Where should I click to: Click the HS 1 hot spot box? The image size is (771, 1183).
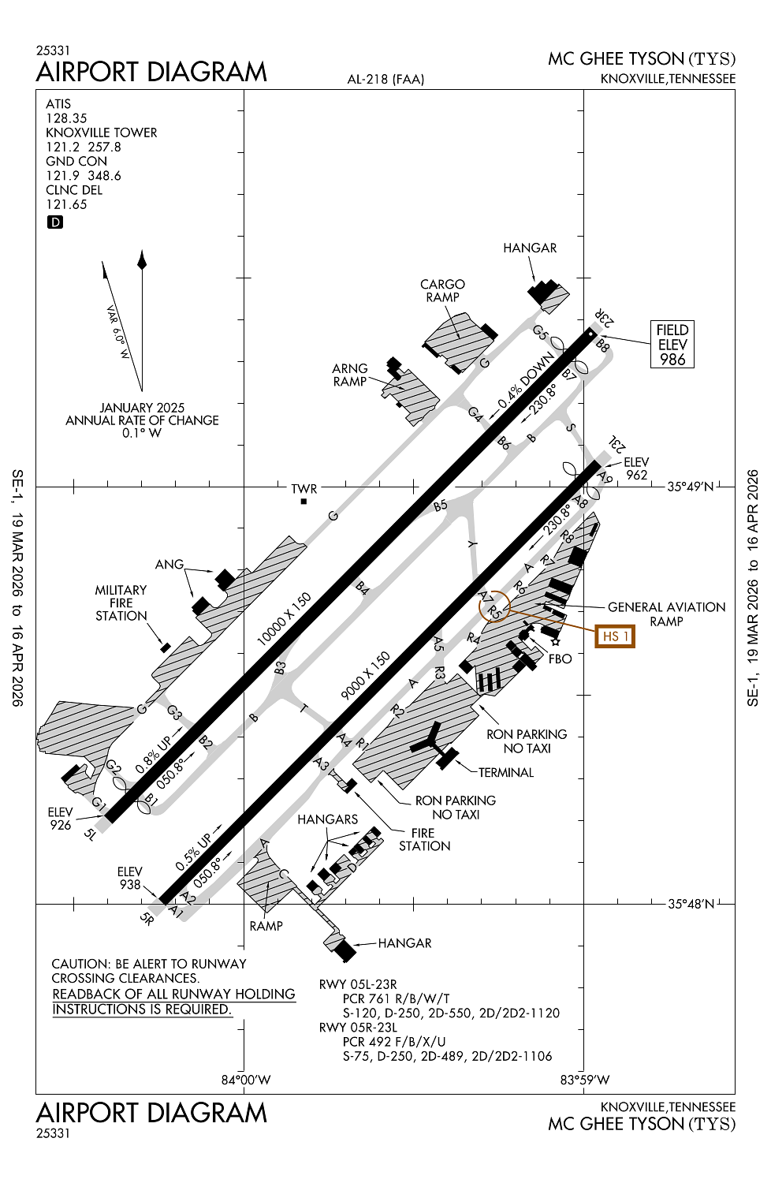(x=615, y=636)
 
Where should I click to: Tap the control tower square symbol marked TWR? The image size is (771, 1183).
(x=304, y=502)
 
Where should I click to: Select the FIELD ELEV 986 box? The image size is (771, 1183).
(x=672, y=345)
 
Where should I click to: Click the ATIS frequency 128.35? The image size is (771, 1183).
(x=66, y=118)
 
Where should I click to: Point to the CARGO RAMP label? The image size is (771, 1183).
(x=442, y=290)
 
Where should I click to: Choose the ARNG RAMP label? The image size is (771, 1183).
(x=350, y=375)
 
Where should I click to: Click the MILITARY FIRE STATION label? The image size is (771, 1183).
(x=121, y=603)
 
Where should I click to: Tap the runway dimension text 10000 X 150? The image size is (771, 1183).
(x=284, y=619)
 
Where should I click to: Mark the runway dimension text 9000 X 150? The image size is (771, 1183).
(x=365, y=675)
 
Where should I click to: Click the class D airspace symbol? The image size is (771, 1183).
(x=55, y=222)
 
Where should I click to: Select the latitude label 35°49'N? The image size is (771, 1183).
(x=690, y=487)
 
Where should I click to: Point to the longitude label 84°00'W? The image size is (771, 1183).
(x=245, y=1080)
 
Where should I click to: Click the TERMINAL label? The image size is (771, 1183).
(x=506, y=772)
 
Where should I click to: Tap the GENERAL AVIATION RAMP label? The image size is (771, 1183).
(x=666, y=614)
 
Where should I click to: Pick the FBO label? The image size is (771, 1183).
(x=560, y=659)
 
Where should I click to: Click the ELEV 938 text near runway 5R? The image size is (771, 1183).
(x=130, y=878)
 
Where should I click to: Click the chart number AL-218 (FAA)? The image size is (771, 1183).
(x=385, y=79)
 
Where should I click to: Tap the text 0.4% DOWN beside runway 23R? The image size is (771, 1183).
(x=526, y=381)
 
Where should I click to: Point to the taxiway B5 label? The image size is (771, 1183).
(x=440, y=506)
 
